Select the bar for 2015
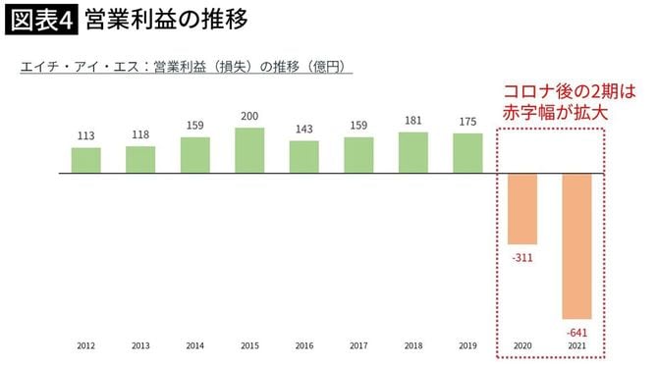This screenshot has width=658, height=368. tap(249, 151)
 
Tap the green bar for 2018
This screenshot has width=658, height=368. tap(413, 153)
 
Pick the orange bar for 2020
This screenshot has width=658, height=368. tap(522, 209)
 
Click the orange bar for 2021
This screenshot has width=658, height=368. tap(576, 246)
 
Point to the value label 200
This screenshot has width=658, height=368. tap(249, 117)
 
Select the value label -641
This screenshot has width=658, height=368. tap(577, 331)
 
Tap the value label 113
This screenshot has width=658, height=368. tap(85, 136)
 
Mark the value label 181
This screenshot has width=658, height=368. tap(413, 121)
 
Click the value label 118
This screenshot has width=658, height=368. tap(140, 134)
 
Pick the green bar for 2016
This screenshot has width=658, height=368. tap(304, 157)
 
